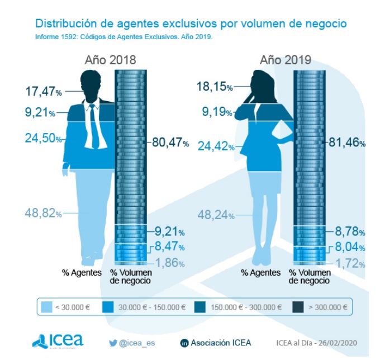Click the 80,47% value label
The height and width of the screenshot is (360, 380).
tap(170, 143)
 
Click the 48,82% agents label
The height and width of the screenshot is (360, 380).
tap(43, 212)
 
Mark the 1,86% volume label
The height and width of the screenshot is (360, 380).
tap(169, 263)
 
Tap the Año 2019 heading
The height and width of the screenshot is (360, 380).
tap(285, 60)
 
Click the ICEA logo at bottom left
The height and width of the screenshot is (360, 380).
tap(58, 340)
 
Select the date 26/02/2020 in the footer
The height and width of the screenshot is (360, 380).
tap(338, 343)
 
